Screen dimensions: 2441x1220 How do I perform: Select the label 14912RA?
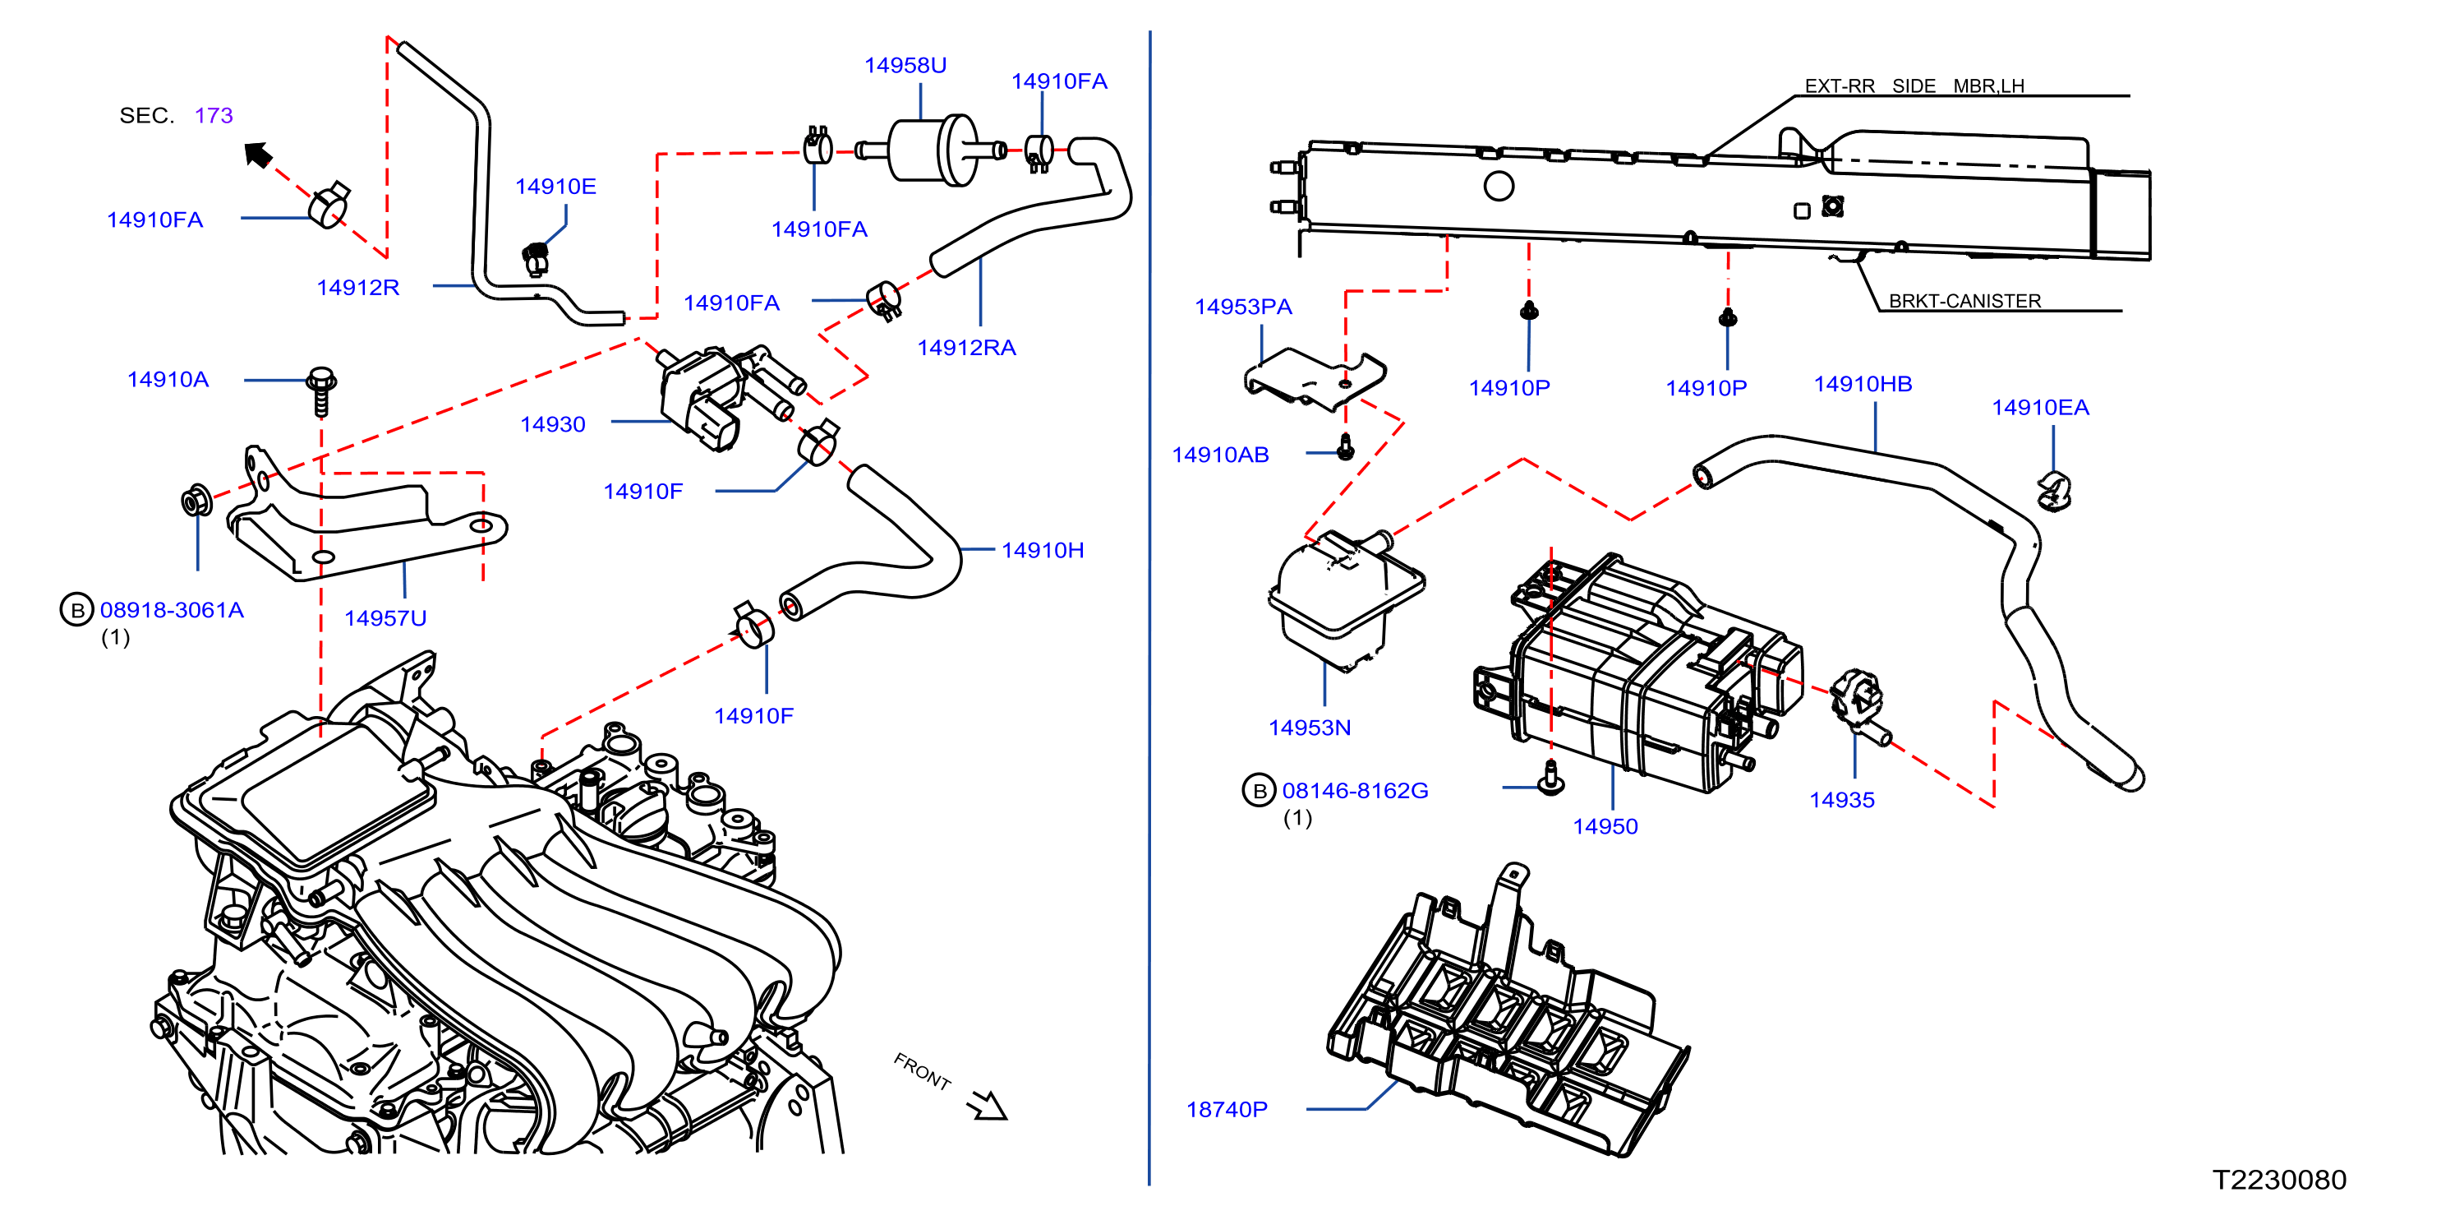(966, 348)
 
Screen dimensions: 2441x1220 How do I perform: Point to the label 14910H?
(1043, 550)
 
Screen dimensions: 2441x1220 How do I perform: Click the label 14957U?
(385, 618)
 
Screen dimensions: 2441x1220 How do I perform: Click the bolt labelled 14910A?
(321, 391)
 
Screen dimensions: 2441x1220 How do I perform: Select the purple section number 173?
(214, 116)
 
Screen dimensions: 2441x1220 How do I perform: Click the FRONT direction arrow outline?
(988, 1104)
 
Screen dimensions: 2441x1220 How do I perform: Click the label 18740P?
(1227, 1109)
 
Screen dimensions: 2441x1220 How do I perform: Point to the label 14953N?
(1310, 728)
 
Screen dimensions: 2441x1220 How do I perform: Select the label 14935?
(1842, 800)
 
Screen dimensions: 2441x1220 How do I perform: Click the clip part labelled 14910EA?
(2053, 490)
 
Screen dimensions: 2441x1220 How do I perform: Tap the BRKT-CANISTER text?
(1965, 301)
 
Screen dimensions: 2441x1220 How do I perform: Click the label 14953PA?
(1243, 307)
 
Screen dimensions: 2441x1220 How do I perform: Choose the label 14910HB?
(1863, 384)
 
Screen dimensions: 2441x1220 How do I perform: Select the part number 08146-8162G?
(1355, 791)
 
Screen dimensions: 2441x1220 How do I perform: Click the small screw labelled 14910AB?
(1346, 446)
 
